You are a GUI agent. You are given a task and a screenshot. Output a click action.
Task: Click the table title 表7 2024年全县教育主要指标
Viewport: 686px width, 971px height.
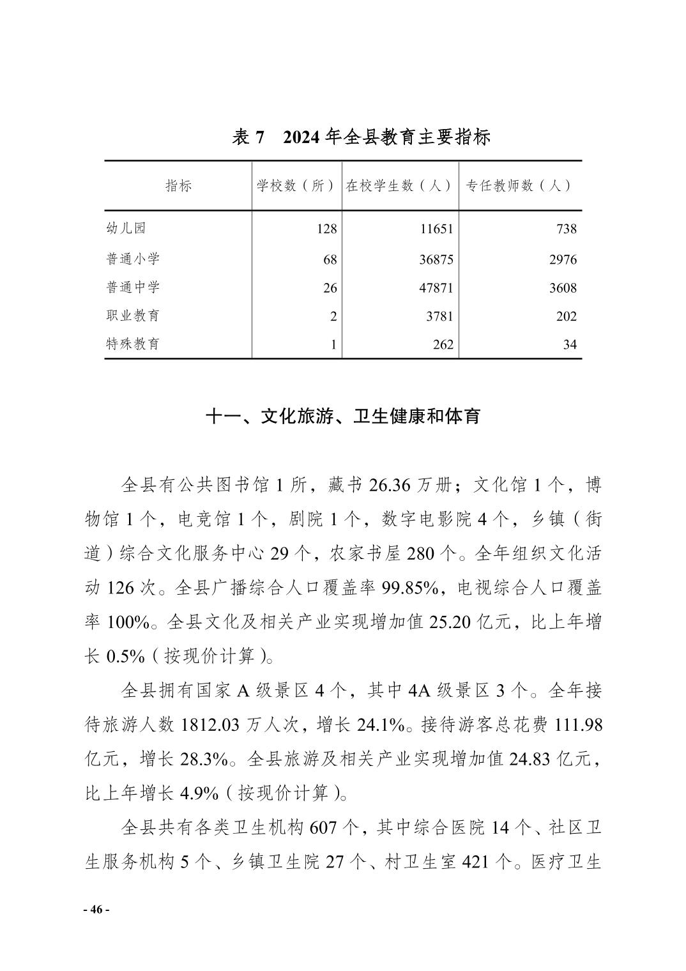coord(361,137)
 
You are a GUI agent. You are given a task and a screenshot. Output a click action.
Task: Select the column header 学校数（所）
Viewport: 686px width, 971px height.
coord(296,186)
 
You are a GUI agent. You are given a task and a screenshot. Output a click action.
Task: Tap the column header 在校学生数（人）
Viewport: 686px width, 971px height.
coord(400,186)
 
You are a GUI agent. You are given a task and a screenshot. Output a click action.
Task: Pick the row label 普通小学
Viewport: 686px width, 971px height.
coord(133,259)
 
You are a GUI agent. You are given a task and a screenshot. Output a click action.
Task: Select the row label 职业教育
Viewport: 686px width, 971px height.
coord(133,316)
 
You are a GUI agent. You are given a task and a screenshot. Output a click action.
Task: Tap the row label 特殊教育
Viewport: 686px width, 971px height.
coord(133,344)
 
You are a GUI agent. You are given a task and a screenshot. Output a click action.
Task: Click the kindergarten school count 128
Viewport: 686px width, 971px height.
coord(326,229)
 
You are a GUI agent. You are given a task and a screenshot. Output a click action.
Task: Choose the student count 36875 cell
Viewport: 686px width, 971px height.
coord(436,259)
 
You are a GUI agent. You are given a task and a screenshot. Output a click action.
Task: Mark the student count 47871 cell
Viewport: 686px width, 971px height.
coord(436,288)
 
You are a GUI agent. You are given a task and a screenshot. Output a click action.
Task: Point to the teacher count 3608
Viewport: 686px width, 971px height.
coord(563,288)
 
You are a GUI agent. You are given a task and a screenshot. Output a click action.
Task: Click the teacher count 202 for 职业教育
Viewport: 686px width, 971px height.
coord(566,316)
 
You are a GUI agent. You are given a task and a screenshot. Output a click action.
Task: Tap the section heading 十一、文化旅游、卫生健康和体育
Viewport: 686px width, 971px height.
coord(342,417)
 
